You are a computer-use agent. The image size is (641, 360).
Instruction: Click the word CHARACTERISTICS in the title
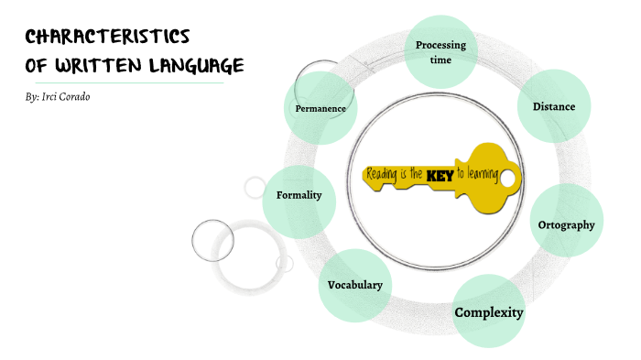coord(107,37)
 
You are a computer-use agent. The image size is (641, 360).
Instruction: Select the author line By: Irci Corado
coord(59,96)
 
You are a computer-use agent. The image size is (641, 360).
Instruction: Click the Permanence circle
coord(320,108)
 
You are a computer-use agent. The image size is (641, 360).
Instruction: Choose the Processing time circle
coord(440,51)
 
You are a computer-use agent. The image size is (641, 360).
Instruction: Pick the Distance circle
coord(554,106)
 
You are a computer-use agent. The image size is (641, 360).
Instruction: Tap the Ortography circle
coord(567,224)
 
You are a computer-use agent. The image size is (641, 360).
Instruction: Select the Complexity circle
coord(489,312)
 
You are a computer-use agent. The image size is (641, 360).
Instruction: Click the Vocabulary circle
coord(355,285)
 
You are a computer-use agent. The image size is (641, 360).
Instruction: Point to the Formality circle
coord(299,195)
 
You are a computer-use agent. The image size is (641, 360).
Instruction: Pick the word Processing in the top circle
coord(440,45)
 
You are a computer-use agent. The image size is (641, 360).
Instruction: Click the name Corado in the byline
coord(74,96)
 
